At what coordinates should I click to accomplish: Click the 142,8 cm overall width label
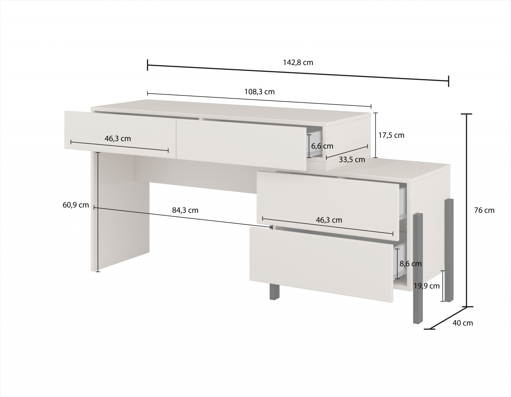(298, 62)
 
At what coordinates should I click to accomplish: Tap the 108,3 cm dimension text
(259, 92)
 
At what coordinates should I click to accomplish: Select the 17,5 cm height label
(391, 135)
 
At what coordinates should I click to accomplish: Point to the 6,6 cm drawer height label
(322, 146)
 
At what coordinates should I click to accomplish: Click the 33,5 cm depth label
(352, 160)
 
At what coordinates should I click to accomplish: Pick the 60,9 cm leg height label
(76, 205)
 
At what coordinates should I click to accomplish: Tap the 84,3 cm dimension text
(185, 210)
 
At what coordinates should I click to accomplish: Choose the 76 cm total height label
(484, 210)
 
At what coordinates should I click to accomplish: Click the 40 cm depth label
(463, 323)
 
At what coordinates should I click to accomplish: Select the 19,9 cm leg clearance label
(426, 286)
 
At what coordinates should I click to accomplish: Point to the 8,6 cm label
(410, 264)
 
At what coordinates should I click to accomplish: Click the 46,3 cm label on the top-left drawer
(118, 139)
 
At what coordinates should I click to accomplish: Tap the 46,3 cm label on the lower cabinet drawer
(329, 220)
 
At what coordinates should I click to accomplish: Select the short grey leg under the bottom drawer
(274, 291)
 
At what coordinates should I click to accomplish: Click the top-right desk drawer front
(242, 144)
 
